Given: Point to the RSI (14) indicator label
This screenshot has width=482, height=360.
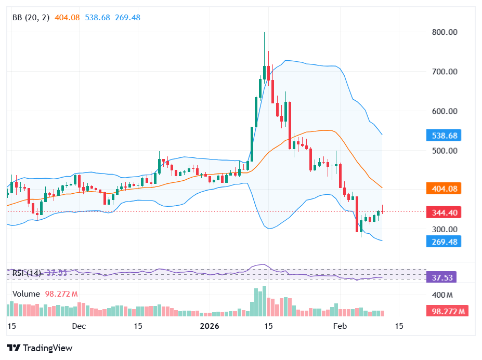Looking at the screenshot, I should pyautogui.click(x=27, y=273).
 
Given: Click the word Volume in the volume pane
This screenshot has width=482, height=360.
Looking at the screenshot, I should pyautogui.click(x=26, y=294).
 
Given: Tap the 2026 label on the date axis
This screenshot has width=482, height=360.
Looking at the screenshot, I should pyautogui.click(x=210, y=326).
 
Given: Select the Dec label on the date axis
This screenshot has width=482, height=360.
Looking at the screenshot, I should pyautogui.click(x=79, y=326).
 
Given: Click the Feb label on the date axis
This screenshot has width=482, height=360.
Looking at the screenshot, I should pyautogui.click(x=340, y=326).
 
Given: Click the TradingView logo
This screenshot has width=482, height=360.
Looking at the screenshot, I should pyautogui.click(x=40, y=348).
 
